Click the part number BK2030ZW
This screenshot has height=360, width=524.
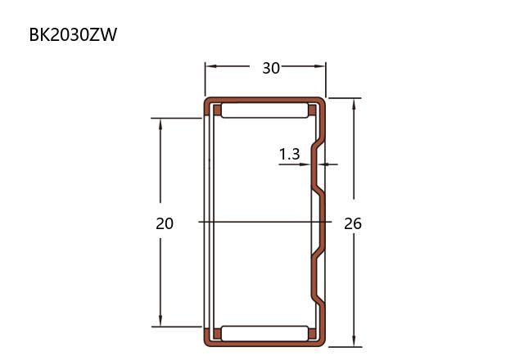[x=73, y=34]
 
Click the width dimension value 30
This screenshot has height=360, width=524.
[x=271, y=68]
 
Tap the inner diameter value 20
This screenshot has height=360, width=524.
[x=165, y=223]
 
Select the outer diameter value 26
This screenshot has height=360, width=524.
[x=353, y=223]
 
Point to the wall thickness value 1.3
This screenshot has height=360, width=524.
[x=289, y=154]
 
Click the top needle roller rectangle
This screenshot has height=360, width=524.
[x=264, y=110]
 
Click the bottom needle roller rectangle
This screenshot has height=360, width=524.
[x=264, y=333]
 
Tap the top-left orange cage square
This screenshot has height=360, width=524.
[x=217, y=110]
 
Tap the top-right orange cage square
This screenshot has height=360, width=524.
[x=312, y=110]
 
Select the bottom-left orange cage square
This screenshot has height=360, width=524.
[x=217, y=334]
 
